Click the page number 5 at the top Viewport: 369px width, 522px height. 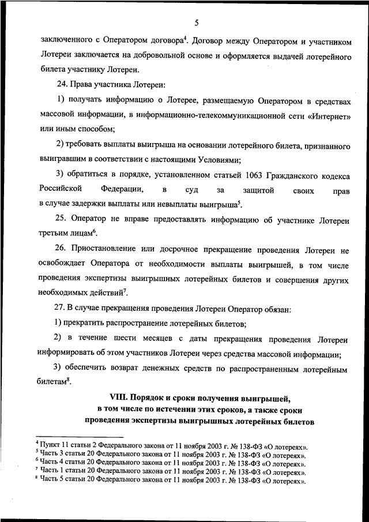(x=197, y=23)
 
